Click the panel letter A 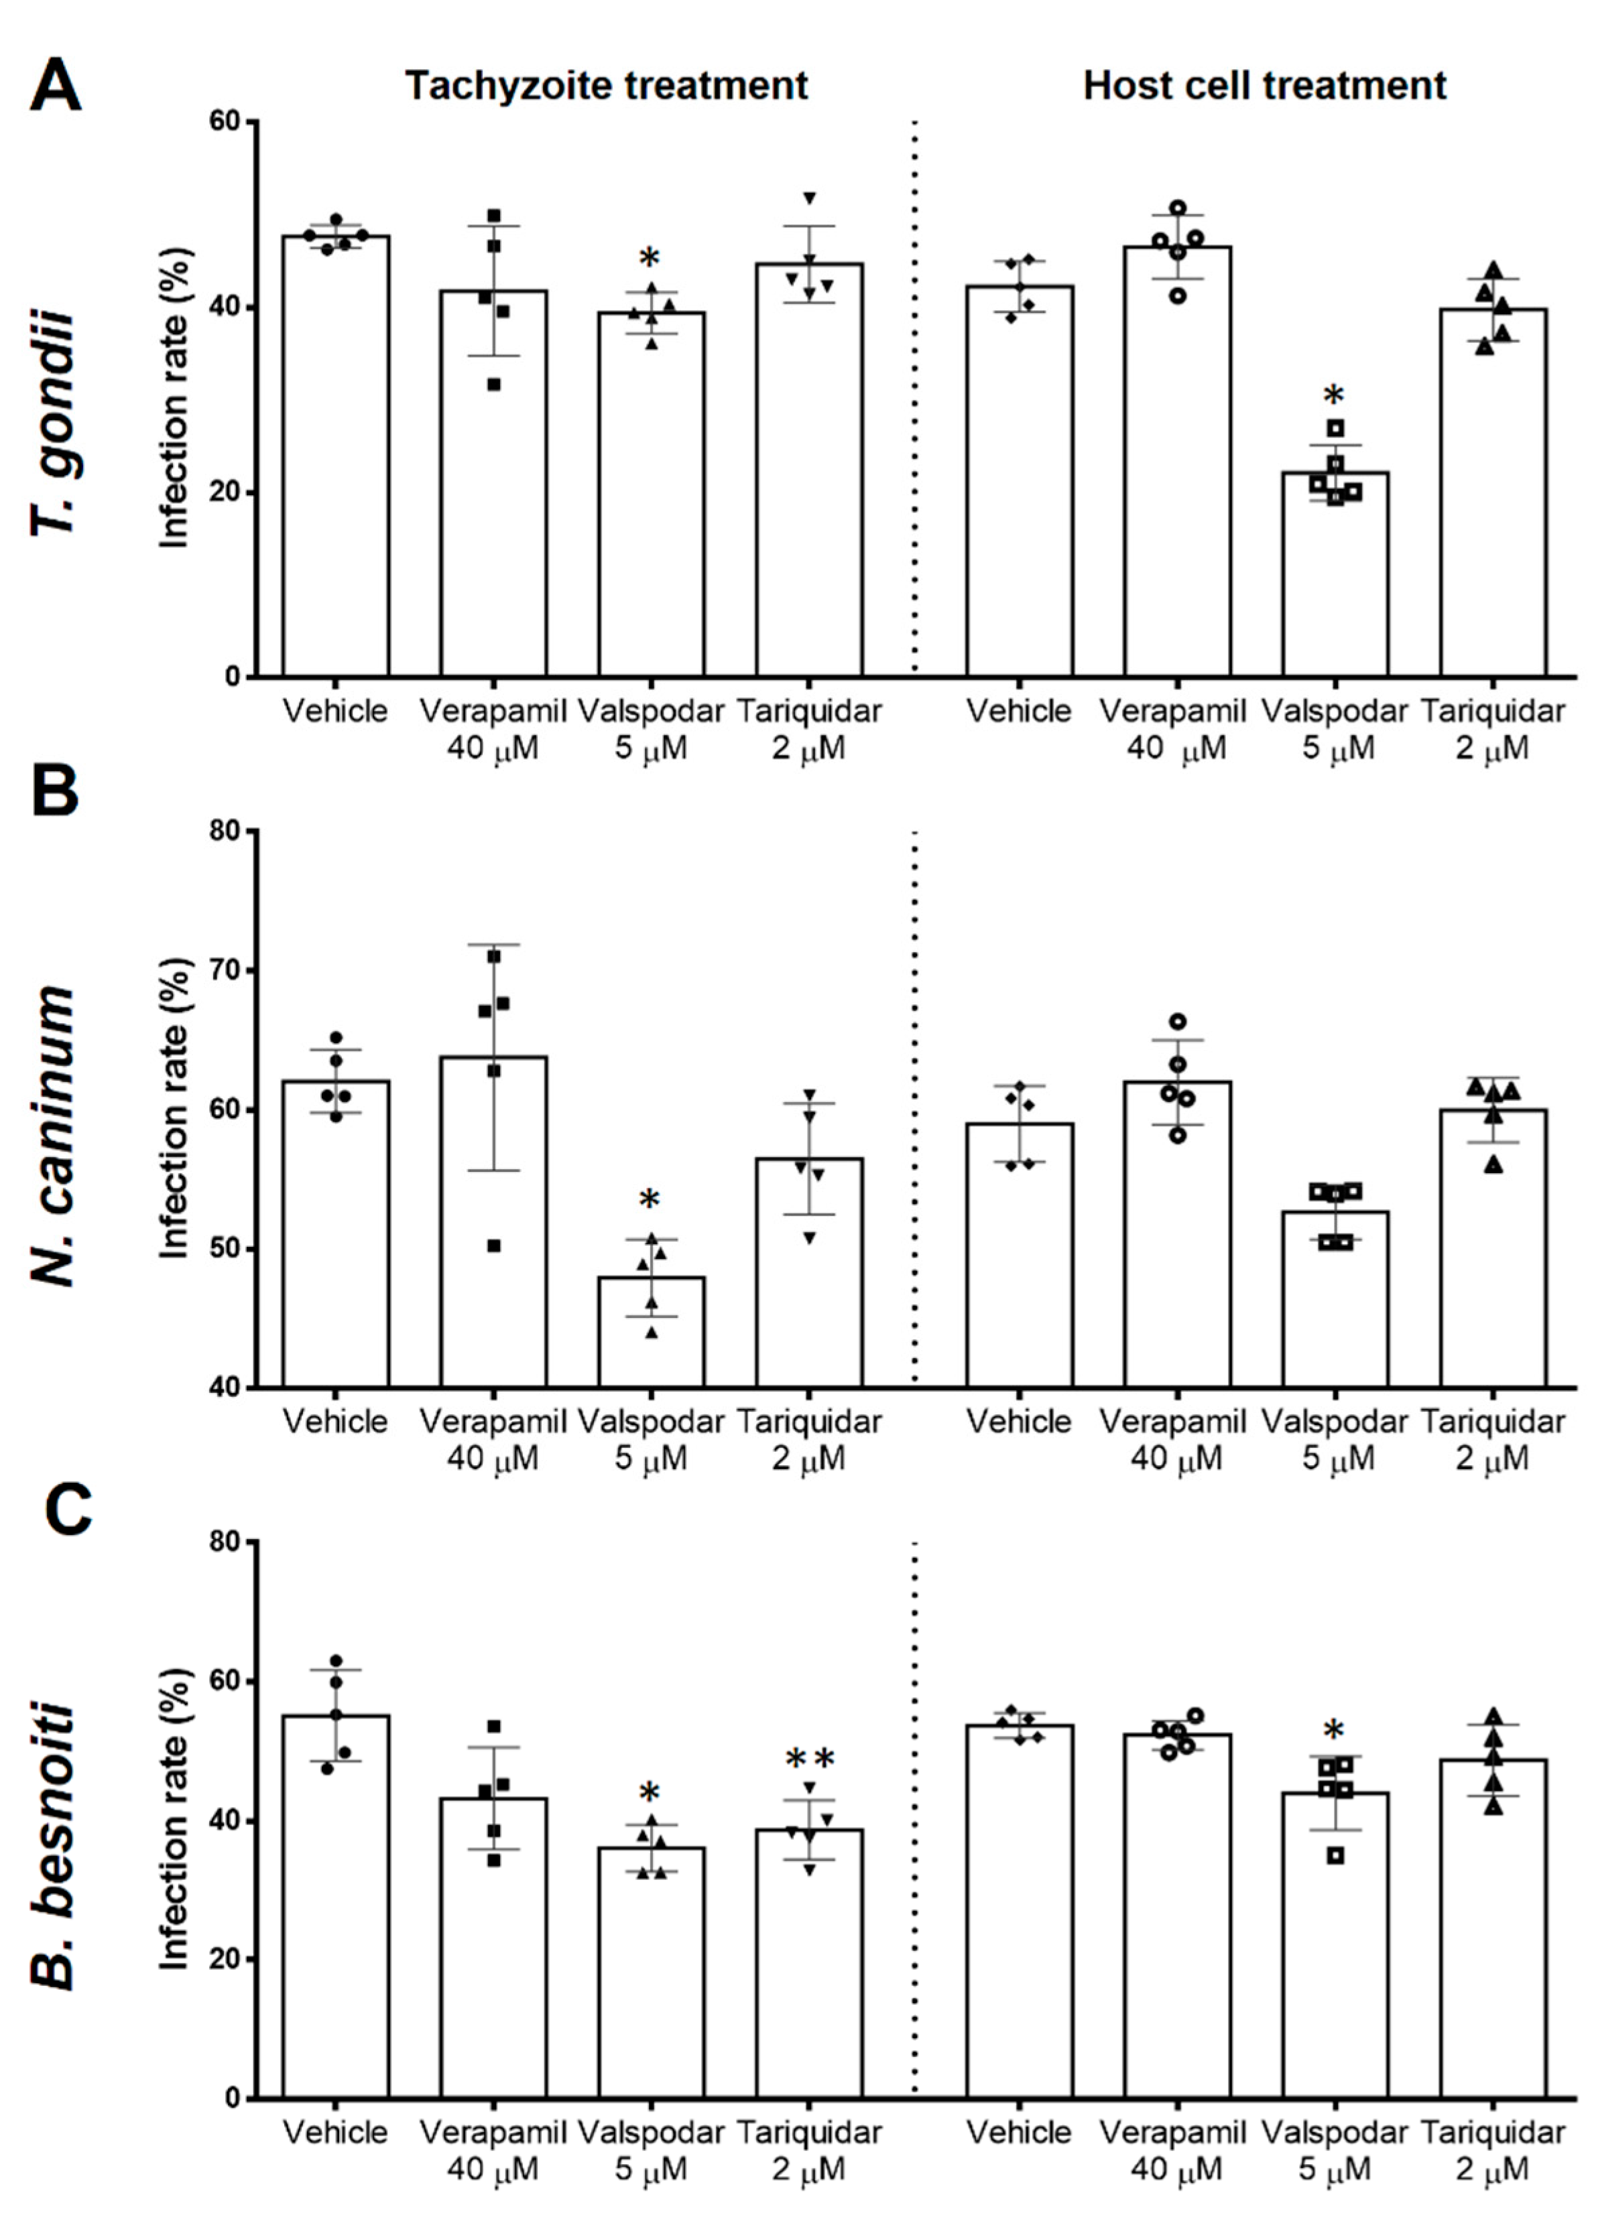point(56,86)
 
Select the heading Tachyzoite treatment point(607,86)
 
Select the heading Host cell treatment point(1264,86)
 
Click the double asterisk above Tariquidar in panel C point(810,1761)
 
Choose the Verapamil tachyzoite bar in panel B point(493,1223)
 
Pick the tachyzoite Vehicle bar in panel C point(336,1908)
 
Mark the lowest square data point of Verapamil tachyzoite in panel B point(494,1246)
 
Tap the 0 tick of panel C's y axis point(240,2098)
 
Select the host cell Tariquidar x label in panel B point(1492,1439)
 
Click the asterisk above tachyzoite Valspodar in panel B point(650,1201)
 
